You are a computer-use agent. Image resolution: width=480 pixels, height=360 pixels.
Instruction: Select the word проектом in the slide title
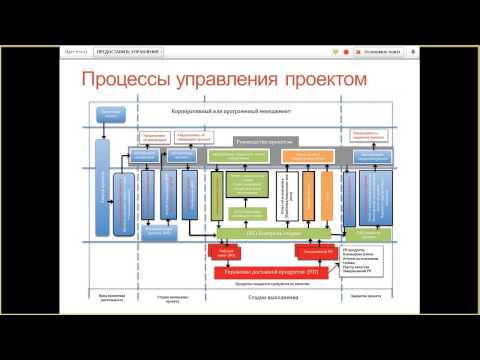tap(319, 78)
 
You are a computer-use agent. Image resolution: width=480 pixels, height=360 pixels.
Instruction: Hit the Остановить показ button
tap(386, 50)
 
